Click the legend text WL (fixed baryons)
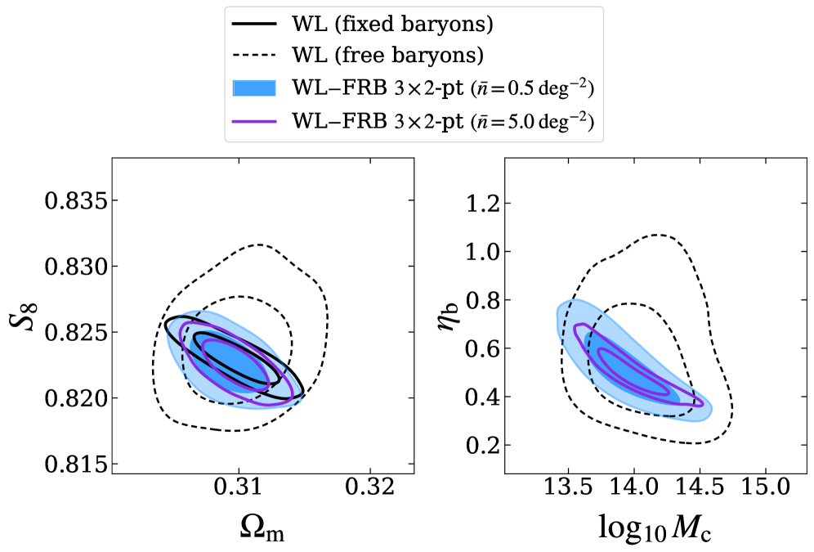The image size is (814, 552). click(391, 25)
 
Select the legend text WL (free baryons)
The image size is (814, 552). click(387, 56)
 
